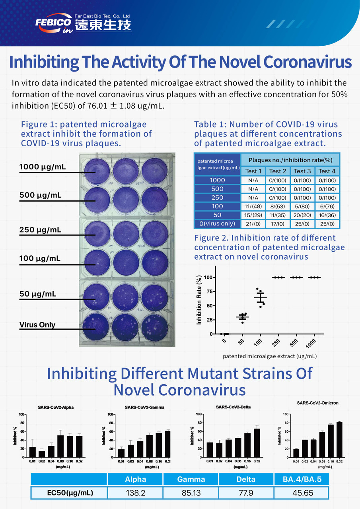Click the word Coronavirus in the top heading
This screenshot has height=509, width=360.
tap(307, 62)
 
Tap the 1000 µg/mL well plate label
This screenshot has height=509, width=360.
tap(43, 167)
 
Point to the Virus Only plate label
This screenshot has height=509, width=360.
tap(37, 324)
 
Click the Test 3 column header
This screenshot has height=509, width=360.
tap(302, 171)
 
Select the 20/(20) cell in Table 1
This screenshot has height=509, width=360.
tap(302, 215)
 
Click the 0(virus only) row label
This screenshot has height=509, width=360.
tap(217, 224)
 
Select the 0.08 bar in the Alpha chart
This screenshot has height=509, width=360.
tap(60, 446)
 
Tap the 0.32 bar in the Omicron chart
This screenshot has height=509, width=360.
tap(339, 439)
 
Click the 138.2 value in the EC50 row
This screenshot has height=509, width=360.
tap(136, 493)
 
